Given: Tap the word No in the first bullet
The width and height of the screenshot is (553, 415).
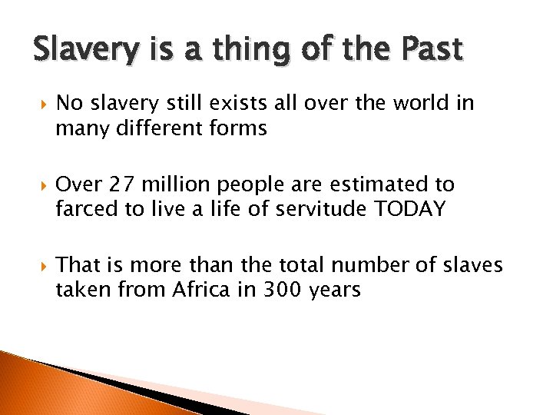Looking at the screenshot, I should pos(69,104).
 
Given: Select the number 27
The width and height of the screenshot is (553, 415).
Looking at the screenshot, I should pos(121,185).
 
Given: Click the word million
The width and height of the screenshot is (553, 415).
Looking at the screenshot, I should pos(177,185).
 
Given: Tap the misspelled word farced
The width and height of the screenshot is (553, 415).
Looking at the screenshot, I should pos(85,210).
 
